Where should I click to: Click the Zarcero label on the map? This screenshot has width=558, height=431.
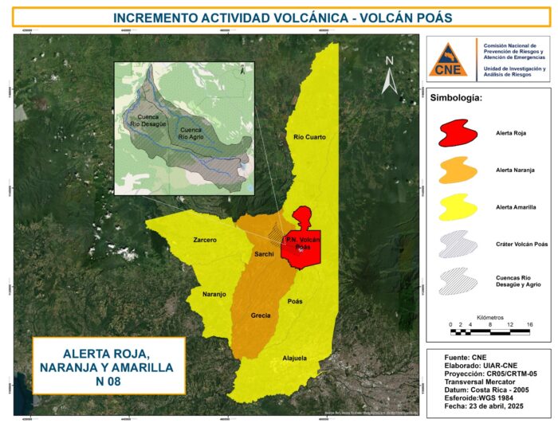click(x=205, y=239)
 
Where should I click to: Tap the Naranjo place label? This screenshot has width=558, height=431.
click(x=214, y=294)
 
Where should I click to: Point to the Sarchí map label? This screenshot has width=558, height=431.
click(x=264, y=254)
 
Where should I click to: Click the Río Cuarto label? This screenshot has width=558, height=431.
click(x=310, y=137)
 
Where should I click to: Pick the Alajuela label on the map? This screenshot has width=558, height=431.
click(x=295, y=358)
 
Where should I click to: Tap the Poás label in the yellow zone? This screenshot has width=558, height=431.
click(x=295, y=303)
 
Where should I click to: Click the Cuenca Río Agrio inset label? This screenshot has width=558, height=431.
click(x=191, y=133)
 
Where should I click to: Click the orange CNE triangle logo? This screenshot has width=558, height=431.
click(x=448, y=61)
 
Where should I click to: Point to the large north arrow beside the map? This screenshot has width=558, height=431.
click(x=389, y=80)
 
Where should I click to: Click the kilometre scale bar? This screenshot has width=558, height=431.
click(x=490, y=331)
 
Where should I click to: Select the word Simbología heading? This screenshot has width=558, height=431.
click(x=457, y=100)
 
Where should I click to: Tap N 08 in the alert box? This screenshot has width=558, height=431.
click(x=108, y=381)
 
